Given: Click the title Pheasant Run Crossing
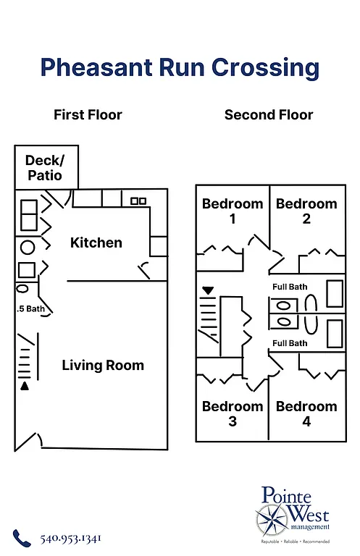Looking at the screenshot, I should point(180,67).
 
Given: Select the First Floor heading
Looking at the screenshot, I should point(88,115).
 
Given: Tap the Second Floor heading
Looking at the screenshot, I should point(269,115).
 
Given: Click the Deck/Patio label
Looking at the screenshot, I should point(44,168).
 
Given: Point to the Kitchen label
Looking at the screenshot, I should point(96,243).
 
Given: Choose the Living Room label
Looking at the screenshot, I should point(103,365).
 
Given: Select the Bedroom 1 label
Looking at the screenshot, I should point(233,211).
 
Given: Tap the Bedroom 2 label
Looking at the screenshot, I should point(306,211).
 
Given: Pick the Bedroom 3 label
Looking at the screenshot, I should point(233,413).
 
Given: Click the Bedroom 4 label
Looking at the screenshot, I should point(306,413).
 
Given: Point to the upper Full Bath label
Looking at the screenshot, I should point(290,287).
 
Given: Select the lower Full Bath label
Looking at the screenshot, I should point(290,343).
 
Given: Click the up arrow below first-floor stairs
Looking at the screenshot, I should point(25,386).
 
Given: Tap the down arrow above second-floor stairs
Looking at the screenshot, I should point(209,290).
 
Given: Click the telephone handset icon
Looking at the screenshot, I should point(22,538).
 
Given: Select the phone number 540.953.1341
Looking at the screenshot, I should point(70,539).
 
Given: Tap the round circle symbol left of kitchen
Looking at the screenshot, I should point(28,248).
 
